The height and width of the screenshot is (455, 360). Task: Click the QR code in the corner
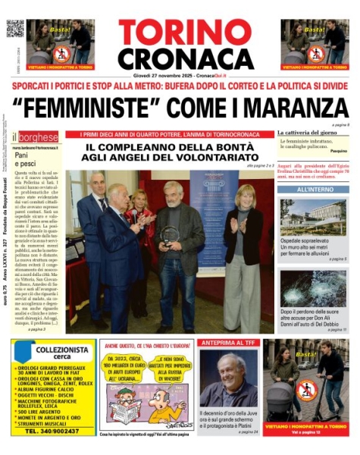(15, 27)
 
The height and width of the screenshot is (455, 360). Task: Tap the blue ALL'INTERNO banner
(311, 189)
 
